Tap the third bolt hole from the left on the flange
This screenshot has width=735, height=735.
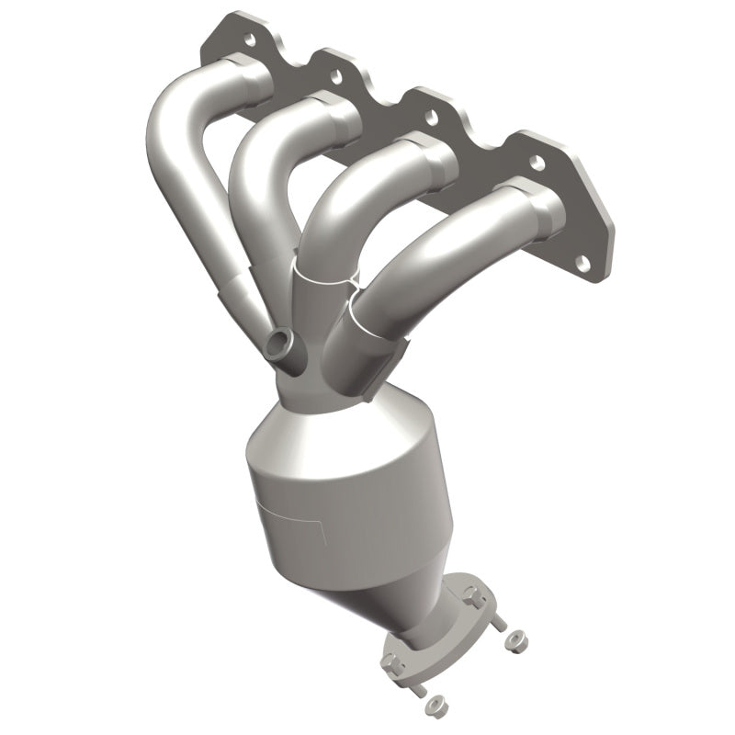pos(429,117)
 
